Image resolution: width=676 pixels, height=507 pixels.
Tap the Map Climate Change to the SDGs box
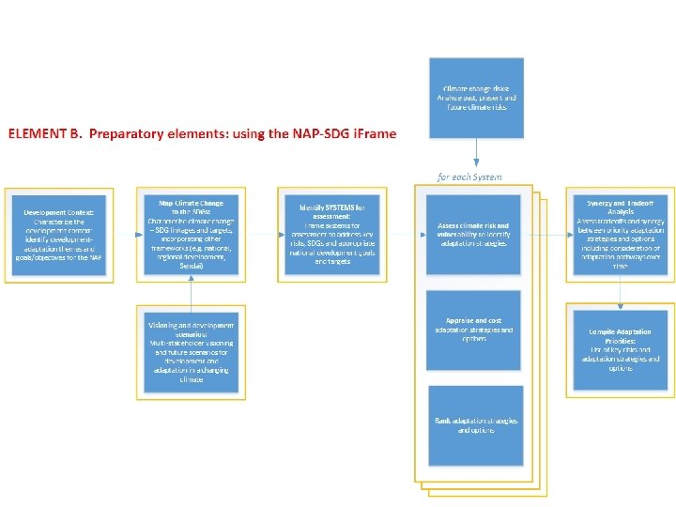(x=191, y=233)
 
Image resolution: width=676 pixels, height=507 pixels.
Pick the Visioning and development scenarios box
(x=191, y=349)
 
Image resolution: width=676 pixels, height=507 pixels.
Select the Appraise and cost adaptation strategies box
(x=472, y=329)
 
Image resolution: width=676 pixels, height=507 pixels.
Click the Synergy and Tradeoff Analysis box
(x=620, y=233)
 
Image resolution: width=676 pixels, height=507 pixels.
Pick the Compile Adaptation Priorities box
(x=620, y=346)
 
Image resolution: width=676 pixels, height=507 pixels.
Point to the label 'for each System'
(x=469, y=177)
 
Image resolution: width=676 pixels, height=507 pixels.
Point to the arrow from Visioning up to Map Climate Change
(x=191, y=293)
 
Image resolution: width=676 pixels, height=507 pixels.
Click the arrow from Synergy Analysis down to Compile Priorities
(x=620, y=293)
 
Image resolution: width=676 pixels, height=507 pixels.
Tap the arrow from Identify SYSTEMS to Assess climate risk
(x=404, y=233)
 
